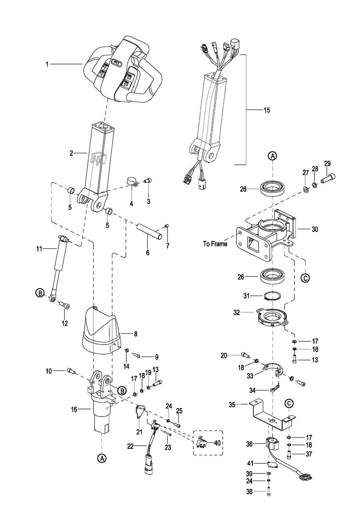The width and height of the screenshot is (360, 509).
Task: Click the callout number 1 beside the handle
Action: coord(47,64)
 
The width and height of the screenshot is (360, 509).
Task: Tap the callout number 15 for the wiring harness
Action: coord(267,110)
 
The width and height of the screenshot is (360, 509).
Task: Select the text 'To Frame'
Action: coord(215,244)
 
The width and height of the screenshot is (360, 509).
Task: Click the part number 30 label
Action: coord(314,229)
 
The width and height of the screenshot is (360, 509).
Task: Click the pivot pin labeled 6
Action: coord(150,231)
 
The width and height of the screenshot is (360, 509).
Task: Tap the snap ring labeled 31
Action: coord(272,297)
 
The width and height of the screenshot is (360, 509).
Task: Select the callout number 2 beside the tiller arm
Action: coord(71,153)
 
